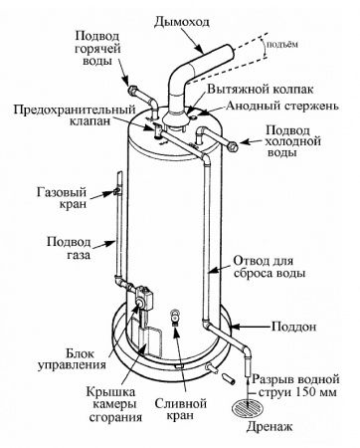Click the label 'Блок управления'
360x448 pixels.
coord(65,358)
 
